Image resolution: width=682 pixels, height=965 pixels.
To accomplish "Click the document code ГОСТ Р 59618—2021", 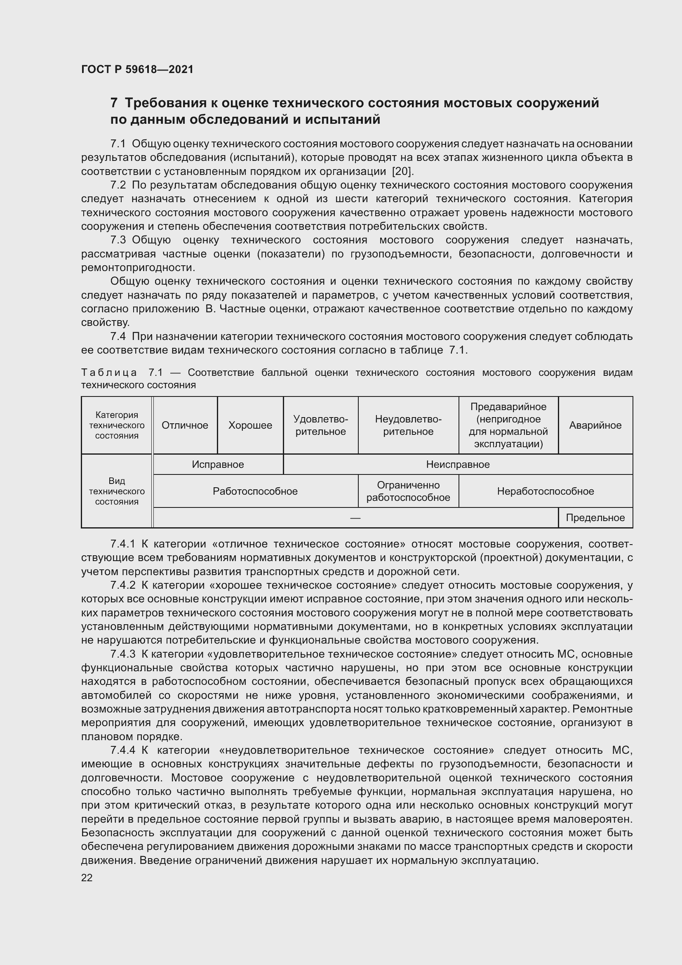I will click(x=137, y=69).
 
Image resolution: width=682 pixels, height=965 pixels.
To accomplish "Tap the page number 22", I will click(x=87, y=878).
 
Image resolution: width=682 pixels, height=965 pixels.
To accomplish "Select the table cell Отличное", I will click(x=185, y=425).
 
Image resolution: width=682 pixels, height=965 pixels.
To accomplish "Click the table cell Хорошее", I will click(x=250, y=425).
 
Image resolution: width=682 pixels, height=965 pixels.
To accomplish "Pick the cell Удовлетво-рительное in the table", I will click(x=320, y=425).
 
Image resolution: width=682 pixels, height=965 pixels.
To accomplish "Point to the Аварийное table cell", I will click(x=595, y=425).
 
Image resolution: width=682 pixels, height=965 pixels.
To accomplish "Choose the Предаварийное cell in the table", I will click(x=508, y=425).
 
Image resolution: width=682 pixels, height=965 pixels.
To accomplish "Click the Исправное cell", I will click(x=218, y=465).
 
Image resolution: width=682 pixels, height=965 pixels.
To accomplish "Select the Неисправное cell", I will click(x=458, y=465).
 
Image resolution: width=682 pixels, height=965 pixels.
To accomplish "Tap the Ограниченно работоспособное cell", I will click(x=408, y=491).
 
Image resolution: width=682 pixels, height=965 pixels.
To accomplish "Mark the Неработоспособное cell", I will click(x=545, y=491).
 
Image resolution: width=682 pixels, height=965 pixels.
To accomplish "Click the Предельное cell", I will click(x=595, y=518).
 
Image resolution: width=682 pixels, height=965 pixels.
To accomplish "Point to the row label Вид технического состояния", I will click(x=117, y=491).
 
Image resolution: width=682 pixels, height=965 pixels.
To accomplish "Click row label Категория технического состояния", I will click(x=117, y=425).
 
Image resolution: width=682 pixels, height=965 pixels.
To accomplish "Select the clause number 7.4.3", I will click(x=122, y=654).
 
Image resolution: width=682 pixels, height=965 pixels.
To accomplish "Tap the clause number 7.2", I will click(x=118, y=185).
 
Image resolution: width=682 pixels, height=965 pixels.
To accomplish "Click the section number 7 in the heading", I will click(x=114, y=103).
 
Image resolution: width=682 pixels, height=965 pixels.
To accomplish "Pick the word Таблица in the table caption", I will click(x=109, y=373).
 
